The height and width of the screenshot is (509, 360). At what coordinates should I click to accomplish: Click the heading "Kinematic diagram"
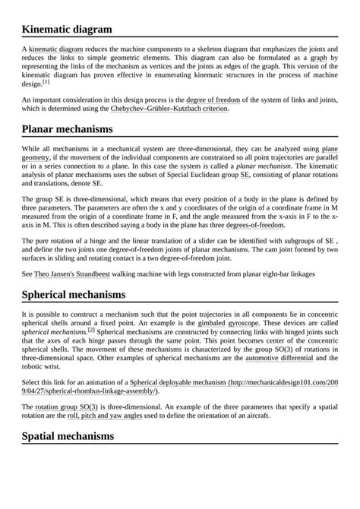click(x=67, y=30)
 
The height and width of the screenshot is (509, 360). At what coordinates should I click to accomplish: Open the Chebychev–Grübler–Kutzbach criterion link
click(x=169, y=109)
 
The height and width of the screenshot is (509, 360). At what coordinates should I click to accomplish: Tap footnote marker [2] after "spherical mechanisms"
click(x=91, y=330)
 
